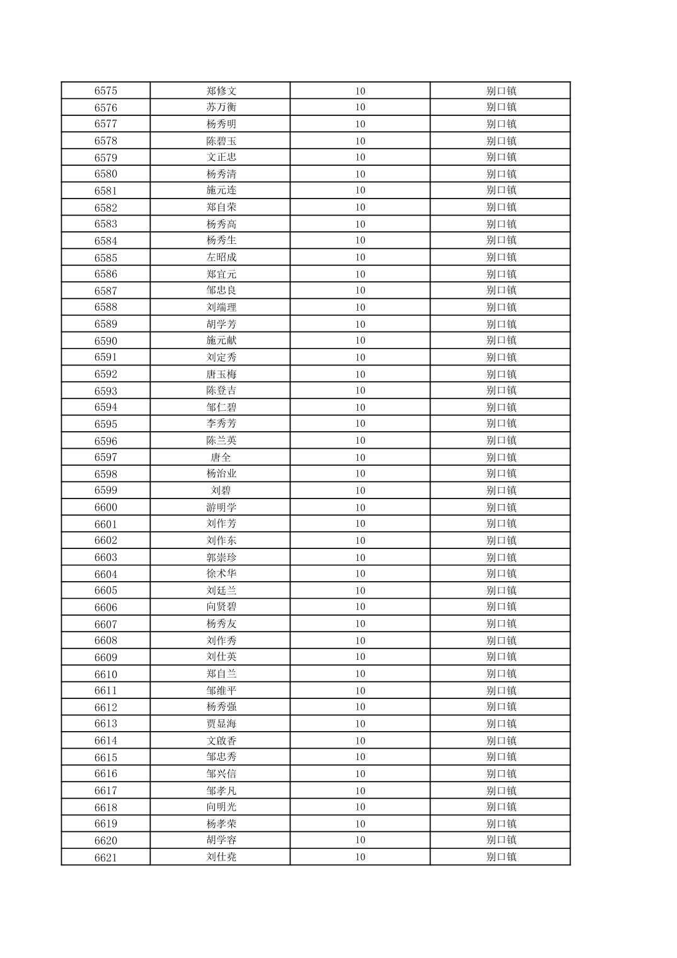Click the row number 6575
(x=106, y=91)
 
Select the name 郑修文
(x=221, y=91)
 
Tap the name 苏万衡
(x=221, y=107)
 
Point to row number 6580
(x=106, y=174)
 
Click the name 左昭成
(x=221, y=257)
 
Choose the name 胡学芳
(x=221, y=324)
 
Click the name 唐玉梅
(x=221, y=374)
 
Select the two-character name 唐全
(x=221, y=457)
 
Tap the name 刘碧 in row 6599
(x=221, y=490)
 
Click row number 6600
(x=106, y=507)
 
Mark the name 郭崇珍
(x=221, y=557)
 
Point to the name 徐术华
(x=221, y=574)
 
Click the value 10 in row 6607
(x=360, y=624)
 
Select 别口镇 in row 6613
(x=501, y=724)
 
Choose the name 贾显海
(x=221, y=724)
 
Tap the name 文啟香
(x=221, y=741)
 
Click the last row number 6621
(x=106, y=857)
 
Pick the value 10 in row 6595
(x=360, y=424)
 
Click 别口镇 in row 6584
(x=501, y=240)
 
